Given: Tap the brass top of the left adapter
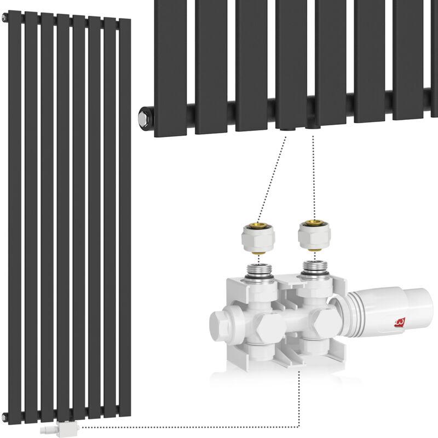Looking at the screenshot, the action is coord(258,225).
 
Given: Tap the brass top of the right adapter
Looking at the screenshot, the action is coord(314,222).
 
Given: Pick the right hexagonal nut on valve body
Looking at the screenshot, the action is coord(325,322).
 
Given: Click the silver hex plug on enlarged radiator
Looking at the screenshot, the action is coord(144,116).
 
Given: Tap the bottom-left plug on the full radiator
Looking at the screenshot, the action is coord(4,418).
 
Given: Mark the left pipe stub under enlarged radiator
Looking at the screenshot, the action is coord(285,129).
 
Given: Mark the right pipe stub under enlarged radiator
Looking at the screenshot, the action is coord(312,127).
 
